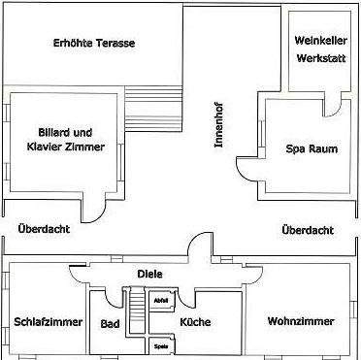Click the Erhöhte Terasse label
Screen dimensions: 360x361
(x=94, y=45)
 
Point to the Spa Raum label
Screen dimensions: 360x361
(x=305, y=149)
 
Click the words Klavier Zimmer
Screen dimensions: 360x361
(x=60, y=147)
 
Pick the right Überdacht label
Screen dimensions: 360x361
(x=307, y=230)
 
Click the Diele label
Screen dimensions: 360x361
(x=148, y=274)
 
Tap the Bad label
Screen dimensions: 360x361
(x=110, y=322)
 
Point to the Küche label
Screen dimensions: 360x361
(x=196, y=321)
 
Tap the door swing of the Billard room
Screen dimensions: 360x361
(x=97, y=208)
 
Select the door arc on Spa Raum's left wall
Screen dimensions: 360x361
(x=247, y=173)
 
